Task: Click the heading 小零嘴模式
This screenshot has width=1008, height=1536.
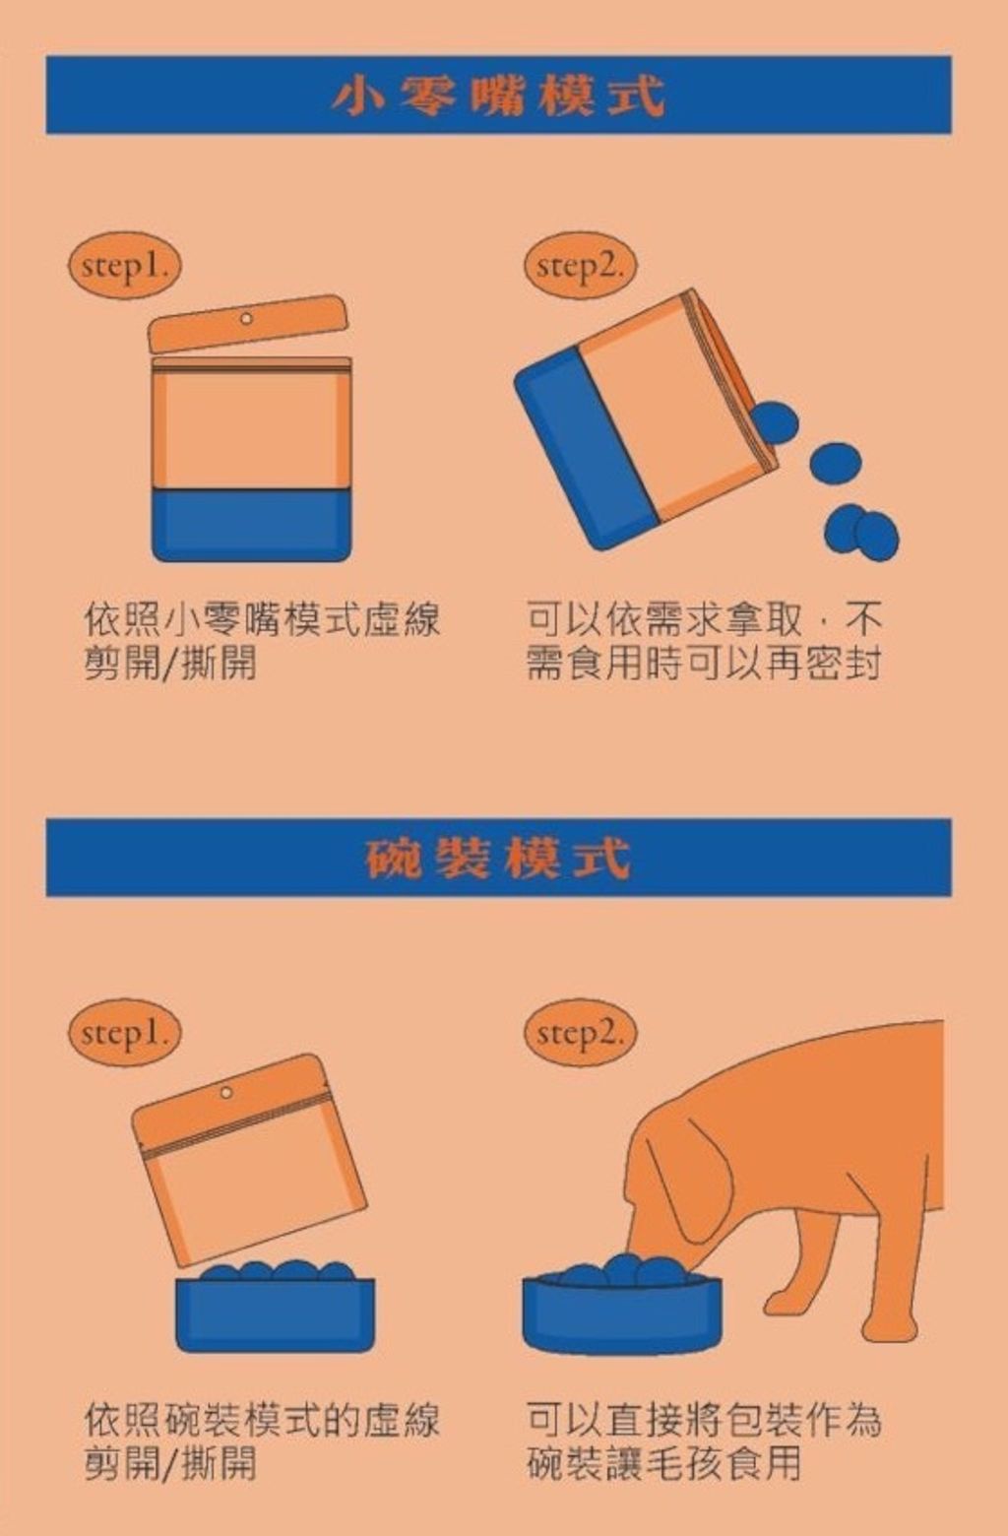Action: [498, 96]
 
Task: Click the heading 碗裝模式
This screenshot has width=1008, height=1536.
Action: [498, 858]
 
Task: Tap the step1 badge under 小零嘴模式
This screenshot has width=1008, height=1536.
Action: [125, 266]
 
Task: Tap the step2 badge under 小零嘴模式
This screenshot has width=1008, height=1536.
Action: [580, 266]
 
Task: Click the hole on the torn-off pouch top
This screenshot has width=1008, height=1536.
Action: [246, 318]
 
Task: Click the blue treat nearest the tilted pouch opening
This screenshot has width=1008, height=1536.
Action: [775, 421]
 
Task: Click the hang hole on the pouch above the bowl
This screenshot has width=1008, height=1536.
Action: [225, 1092]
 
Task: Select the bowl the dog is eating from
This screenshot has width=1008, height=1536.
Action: [621, 1313]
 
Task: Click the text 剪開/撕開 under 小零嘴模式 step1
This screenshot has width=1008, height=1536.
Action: [170, 663]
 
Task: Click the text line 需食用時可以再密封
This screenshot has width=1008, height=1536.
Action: [703, 663]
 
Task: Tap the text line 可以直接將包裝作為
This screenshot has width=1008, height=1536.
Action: [703, 1420]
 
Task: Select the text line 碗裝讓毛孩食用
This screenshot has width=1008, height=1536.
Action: [663, 1463]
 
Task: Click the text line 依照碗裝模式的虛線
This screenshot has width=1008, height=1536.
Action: [261, 1420]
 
